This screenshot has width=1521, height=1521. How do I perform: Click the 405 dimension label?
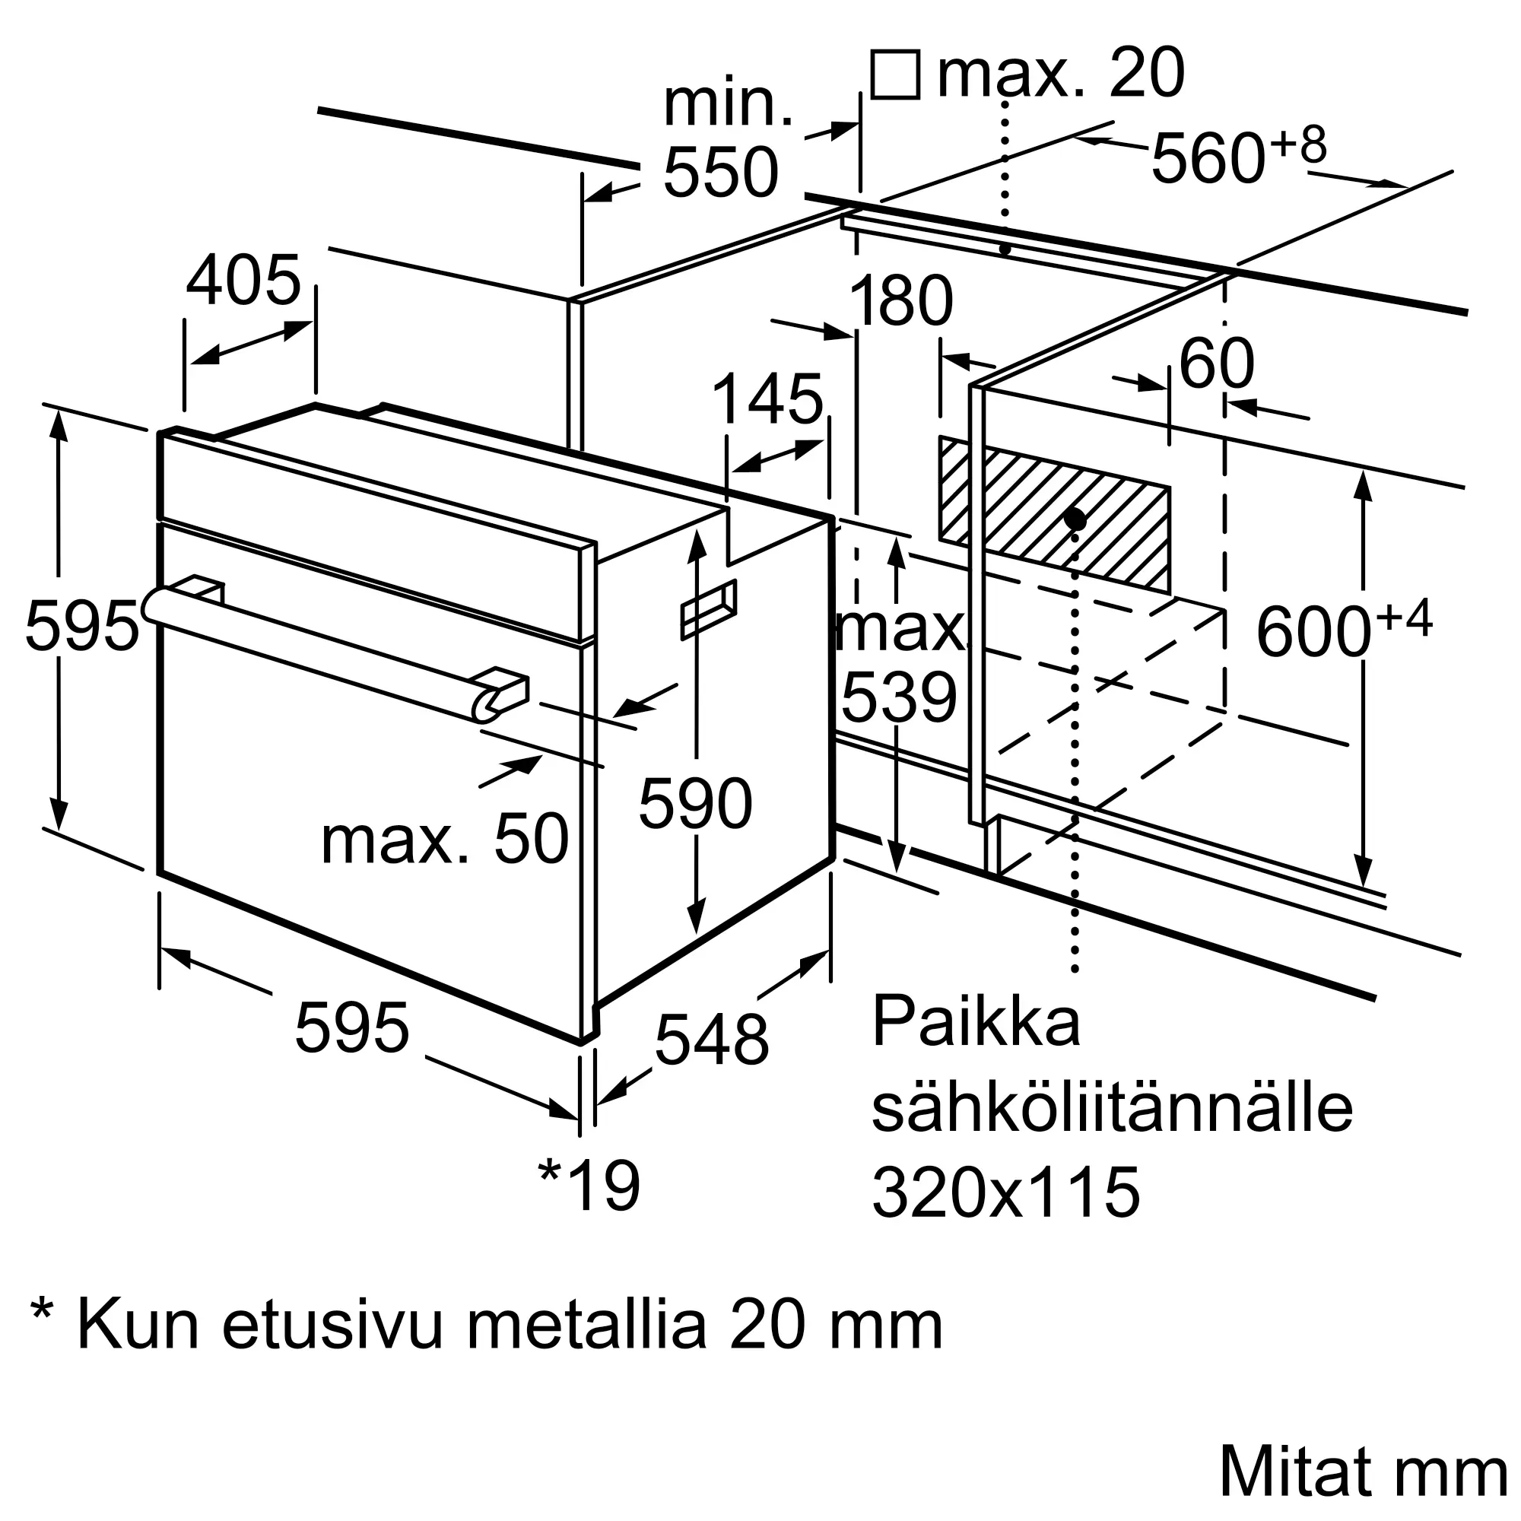[x=244, y=281]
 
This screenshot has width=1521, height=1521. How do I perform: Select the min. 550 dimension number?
[x=721, y=173]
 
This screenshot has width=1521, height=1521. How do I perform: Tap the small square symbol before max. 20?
[x=896, y=74]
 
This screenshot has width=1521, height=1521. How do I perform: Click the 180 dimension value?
[x=901, y=300]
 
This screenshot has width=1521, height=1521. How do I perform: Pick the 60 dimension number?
[x=1216, y=364]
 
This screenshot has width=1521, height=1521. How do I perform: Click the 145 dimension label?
[x=767, y=400]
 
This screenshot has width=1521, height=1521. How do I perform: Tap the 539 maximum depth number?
[x=899, y=698]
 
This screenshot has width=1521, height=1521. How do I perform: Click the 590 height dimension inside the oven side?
[x=696, y=804]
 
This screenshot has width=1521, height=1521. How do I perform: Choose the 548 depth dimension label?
[x=712, y=1040]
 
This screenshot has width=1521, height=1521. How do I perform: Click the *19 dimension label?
[x=589, y=1186]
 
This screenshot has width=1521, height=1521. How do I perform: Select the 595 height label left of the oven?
[x=82, y=626]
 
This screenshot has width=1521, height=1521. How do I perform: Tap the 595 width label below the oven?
[x=352, y=1027]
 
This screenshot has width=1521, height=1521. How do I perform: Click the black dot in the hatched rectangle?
[x=1075, y=519]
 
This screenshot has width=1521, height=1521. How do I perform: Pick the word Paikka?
[x=976, y=1021]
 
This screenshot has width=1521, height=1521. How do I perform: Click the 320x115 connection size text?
[x=1006, y=1192]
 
